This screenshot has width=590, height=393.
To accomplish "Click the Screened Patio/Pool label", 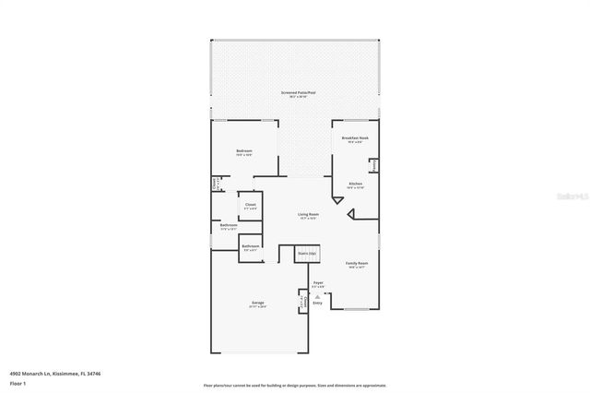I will pyautogui.click(x=298, y=93).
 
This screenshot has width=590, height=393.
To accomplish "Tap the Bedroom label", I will pyautogui.click(x=243, y=151).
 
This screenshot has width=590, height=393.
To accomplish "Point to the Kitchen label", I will pyautogui.click(x=355, y=185).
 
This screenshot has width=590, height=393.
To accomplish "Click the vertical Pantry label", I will pyautogui.click(x=373, y=166).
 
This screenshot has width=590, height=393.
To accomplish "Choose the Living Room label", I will pyautogui.click(x=308, y=215).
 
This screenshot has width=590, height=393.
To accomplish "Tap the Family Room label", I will pyautogui.click(x=356, y=264).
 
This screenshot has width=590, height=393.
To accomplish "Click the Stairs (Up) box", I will pyautogui.click(x=306, y=253).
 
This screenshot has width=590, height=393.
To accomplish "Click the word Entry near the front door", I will pyautogui.click(x=318, y=303).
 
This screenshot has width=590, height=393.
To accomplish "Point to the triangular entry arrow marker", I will pyautogui.click(x=318, y=296).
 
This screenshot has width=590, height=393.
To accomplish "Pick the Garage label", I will pyautogui.click(x=258, y=303).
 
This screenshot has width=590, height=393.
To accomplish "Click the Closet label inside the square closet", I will pyautogui.click(x=250, y=205).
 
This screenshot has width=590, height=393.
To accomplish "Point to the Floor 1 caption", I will pyautogui.click(x=18, y=383).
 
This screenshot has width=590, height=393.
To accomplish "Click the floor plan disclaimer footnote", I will pyautogui.click(x=294, y=385).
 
